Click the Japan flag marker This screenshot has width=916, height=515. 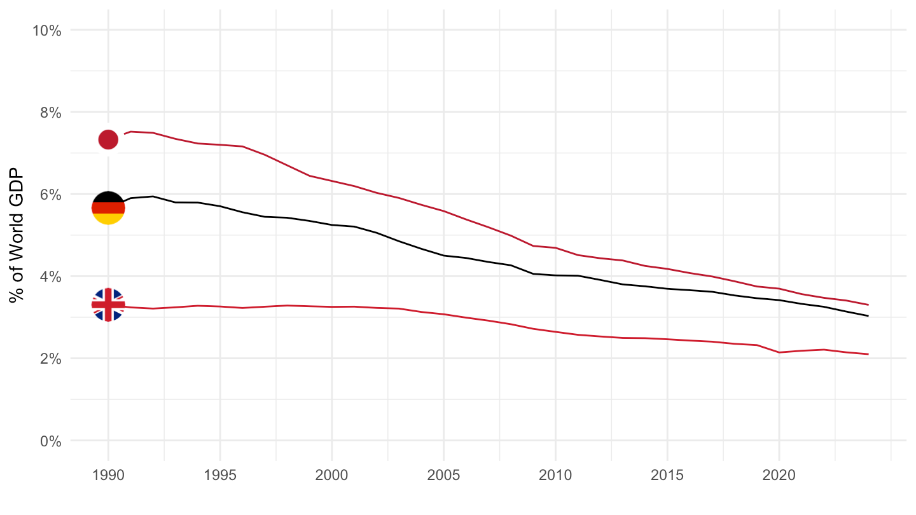click(108, 139)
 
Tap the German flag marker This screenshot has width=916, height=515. click(108, 208)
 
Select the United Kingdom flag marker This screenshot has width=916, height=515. click(108, 305)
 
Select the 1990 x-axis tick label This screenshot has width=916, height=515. click(108, 475)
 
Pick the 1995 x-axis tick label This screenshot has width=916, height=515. click(220, 475)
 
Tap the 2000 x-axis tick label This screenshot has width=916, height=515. click(332, 475)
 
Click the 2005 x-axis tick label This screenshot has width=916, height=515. click(443, 475)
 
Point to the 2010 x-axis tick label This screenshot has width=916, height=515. click(555, 475)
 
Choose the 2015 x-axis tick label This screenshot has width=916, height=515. click(667, 475)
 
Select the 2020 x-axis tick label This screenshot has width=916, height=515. click(779, 475)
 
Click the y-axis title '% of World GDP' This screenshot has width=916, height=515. click(17, 235)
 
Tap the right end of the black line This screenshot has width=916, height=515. click(868, 316)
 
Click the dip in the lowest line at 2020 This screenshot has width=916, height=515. click(779, 352)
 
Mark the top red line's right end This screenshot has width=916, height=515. click(868, 305)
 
